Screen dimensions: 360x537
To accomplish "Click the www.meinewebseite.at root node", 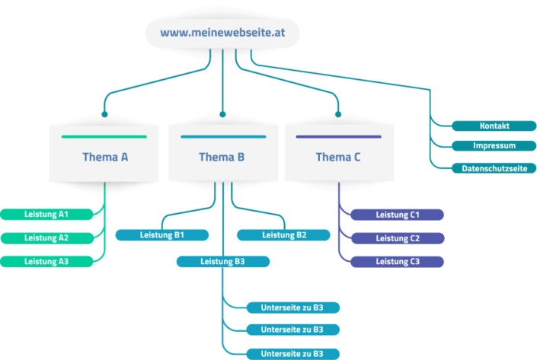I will coord(222,33).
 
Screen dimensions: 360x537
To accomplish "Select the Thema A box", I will coord(105,156).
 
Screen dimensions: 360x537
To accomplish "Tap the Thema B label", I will coord(222,158).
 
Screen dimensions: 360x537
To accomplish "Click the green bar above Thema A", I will coord(104,137).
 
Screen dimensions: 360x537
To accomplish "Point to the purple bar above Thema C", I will coord(338,137).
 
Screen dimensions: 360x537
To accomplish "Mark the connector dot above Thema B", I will coord(222,114).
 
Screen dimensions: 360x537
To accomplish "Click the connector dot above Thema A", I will coord(105,114).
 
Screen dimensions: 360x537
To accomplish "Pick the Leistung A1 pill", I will coord(46,214).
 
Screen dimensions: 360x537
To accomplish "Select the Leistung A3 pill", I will coord(46,261).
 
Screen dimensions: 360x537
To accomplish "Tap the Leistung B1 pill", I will coord(161,235).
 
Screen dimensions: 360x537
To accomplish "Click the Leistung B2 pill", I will coord(283,235).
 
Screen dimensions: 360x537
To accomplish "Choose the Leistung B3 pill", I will coord(222,261).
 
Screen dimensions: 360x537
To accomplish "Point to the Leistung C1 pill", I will coord(397,215).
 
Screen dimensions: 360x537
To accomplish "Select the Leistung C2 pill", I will coord(397,238).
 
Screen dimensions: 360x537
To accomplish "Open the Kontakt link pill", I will coord(494,126).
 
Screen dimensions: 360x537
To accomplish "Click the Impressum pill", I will coord(494,145).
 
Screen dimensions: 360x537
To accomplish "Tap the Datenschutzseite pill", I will coord(494,167).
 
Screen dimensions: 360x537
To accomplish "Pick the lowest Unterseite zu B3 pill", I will coord(292,354).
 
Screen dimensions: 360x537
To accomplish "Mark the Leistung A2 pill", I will coord(46,237).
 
